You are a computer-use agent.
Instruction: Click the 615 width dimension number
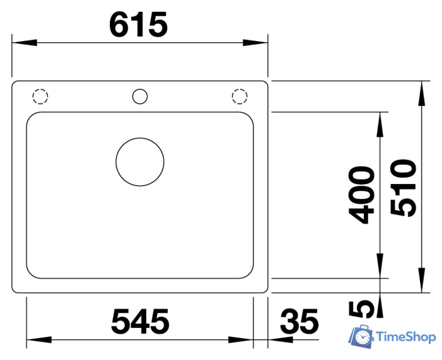(139, 25)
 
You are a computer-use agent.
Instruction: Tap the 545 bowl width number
(140, 321)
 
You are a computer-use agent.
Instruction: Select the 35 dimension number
(299, 321)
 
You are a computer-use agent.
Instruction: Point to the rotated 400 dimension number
(361, 195)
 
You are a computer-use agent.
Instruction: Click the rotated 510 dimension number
(403, 188)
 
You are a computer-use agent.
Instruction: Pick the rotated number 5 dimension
(361, 309)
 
